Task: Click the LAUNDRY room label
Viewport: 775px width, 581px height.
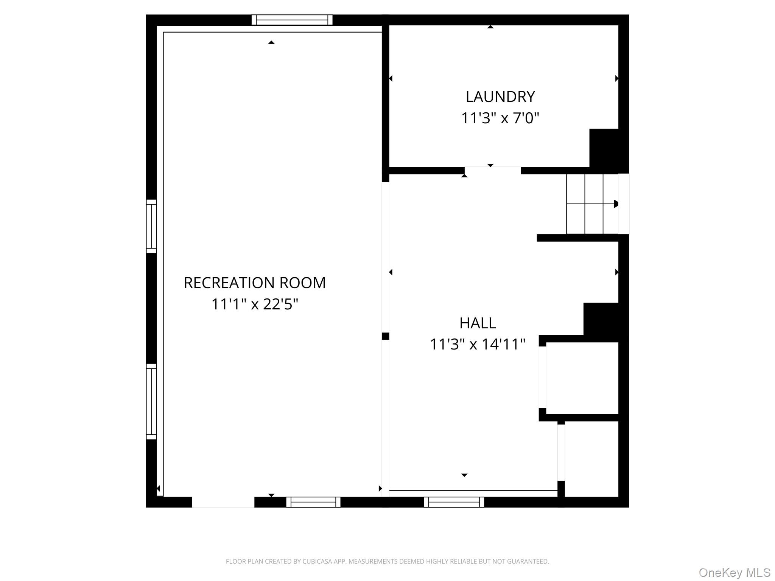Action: [500, 97]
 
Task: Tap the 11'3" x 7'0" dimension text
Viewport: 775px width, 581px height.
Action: [500, 118]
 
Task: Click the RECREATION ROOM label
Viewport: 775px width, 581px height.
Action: [255, 283]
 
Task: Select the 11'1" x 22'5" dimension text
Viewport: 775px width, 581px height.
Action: [255, 304]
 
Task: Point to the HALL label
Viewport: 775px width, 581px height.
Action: [478, 323]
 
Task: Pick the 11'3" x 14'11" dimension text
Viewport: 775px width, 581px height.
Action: [478, 344]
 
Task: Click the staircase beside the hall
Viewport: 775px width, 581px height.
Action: [592, 204]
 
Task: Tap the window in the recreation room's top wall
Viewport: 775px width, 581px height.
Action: [292, 20]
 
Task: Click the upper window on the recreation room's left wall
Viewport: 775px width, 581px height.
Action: [151, 226]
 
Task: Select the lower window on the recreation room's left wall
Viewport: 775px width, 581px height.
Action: [151, 402]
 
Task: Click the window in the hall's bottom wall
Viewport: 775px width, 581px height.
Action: [454, 502]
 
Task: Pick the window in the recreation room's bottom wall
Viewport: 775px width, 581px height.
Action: [313, 502]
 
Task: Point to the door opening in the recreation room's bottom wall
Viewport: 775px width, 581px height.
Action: [223, 502]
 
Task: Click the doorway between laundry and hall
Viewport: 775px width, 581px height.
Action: [493, 171]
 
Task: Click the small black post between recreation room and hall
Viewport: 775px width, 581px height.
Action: [386, 336]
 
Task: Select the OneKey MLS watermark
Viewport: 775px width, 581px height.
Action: [735, 573]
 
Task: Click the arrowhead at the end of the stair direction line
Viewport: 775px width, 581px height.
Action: [616, 204]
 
